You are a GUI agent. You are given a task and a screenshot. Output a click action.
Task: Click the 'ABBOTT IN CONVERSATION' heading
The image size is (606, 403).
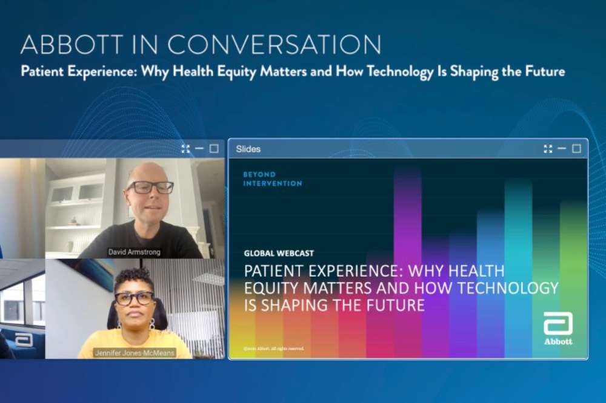201,45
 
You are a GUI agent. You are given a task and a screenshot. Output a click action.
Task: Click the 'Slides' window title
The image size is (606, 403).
248,149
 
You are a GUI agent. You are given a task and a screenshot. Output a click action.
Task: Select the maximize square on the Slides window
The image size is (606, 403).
576,149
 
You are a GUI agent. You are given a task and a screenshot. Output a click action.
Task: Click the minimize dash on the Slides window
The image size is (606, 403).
562,149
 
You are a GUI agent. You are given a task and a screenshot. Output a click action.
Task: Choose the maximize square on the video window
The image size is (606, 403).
214,149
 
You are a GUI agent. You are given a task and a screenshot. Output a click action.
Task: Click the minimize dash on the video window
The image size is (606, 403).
199,149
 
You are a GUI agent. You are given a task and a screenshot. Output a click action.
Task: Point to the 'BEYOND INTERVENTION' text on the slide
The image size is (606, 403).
272,179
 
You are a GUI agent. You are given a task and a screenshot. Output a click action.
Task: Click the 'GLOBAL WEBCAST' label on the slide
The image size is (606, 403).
279,253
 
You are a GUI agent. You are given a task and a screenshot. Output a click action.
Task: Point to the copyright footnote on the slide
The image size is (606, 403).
273,349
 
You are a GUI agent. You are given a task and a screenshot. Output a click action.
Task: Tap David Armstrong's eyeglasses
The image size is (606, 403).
149,188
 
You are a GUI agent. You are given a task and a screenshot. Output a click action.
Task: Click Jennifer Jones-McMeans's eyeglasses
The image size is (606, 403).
135,298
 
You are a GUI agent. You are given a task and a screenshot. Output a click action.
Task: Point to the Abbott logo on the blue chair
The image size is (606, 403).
24,339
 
